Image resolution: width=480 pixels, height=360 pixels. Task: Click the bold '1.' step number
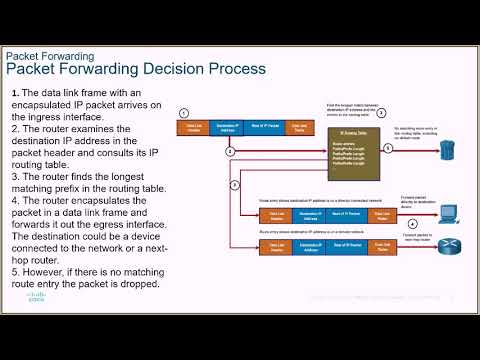[x=16, y=93]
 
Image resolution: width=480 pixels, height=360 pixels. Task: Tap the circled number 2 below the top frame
[x=230, y=150]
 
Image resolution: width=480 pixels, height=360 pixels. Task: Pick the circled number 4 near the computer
[x=405, y=198]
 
